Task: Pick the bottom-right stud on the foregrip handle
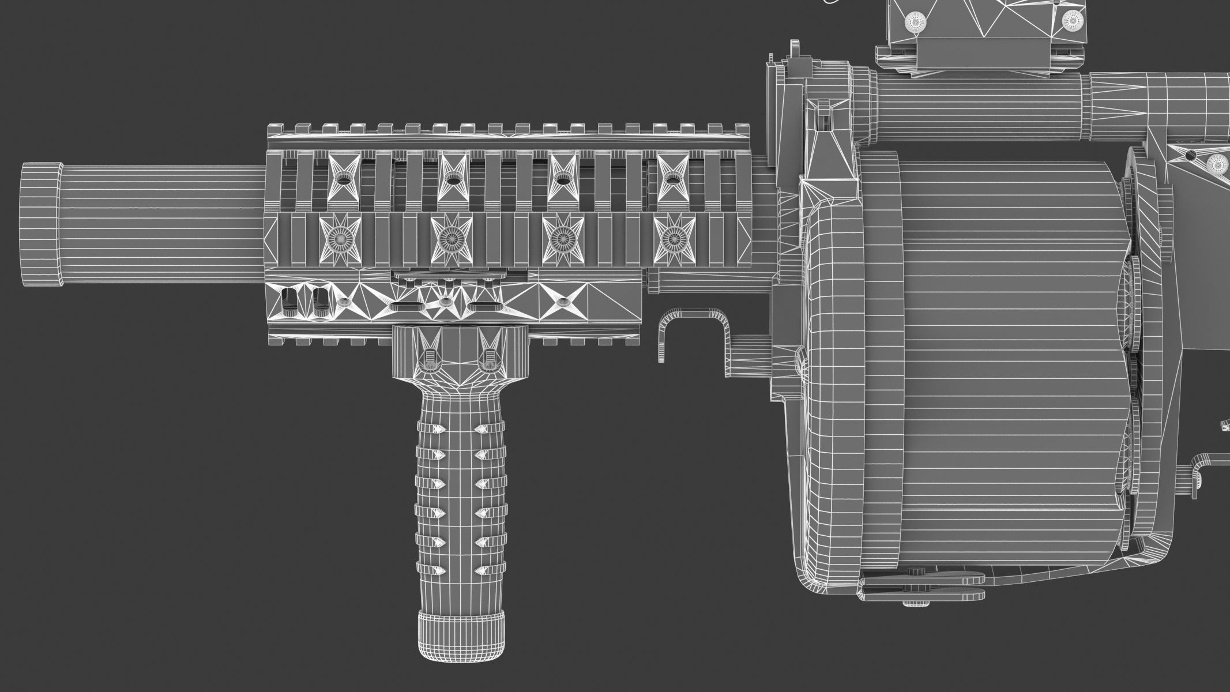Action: (482, 569)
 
